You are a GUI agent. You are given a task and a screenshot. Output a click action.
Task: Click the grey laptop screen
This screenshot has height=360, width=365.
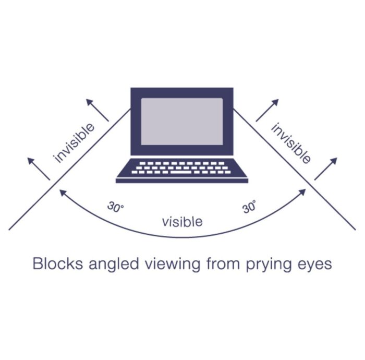coord(182,121)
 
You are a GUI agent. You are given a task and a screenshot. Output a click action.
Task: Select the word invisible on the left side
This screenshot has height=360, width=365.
coord(75,142)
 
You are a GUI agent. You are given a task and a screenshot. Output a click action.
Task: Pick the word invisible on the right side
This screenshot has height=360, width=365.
coord(291,142)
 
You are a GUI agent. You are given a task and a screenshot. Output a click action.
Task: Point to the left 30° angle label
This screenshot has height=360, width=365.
coord(116,206)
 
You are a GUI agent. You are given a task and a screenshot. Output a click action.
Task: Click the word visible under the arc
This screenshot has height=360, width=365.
coord(182,222)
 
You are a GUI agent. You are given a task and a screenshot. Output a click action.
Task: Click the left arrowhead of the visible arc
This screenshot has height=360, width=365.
coord(62,193)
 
